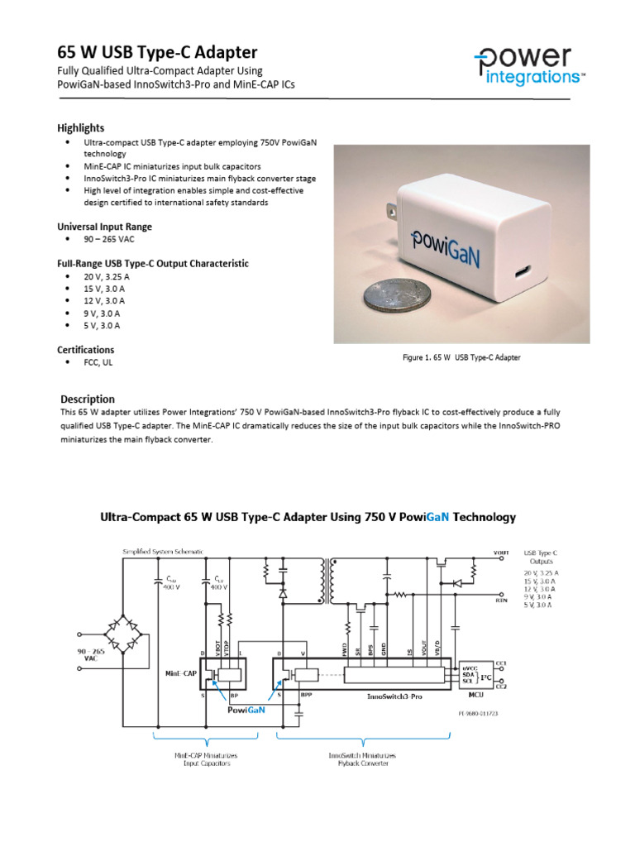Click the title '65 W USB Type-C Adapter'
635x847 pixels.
pyautogui.click(x=157, y=52)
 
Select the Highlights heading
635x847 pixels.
pyautogui.click(x=80, y=127)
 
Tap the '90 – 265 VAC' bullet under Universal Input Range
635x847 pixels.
pyautogui.click(x=108, y=240)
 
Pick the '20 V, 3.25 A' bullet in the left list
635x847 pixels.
pyautogui.click(x=107, y=276)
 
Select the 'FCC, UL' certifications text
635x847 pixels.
pyautogui.click(x=98, y=362)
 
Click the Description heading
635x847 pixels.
pyautogui.click(x=88, y=399)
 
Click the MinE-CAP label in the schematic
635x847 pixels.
pyautogui.click(x=179, y=674)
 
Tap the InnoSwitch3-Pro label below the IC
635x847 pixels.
pyautogui.click(x=394, y=697)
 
